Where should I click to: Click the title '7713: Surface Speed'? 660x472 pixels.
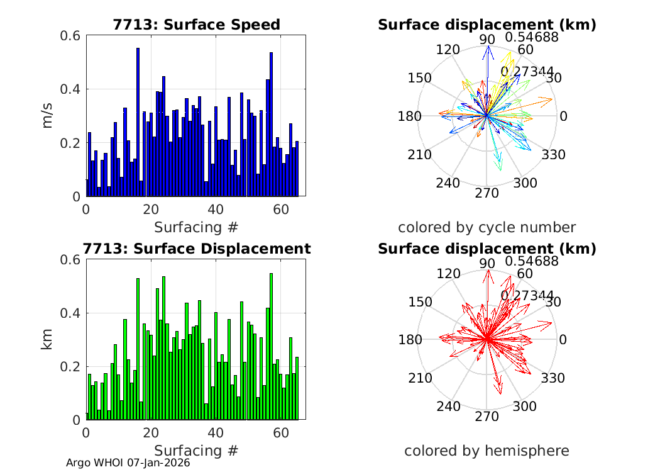(x=196, y=25)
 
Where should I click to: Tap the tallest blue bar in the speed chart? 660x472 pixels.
(x=138, y=120)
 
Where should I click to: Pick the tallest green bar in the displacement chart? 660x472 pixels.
(x=271, y=346)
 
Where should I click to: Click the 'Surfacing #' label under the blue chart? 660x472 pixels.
(x=196, y=227)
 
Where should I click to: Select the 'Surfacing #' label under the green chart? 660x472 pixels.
(x=196, y=451)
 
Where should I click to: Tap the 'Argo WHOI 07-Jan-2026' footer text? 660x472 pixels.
(x=128, y=463)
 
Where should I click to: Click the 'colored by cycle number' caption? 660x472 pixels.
(x=487, y=227)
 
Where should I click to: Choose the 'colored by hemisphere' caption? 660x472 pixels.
(x=487, y=451)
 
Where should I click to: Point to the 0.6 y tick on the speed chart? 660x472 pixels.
(x=70, y=35)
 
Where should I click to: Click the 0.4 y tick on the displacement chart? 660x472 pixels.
(x=70, y=313)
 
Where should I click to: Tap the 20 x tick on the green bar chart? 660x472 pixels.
(x=151, y=433)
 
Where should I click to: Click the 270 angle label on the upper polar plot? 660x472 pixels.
(x=487, y=193)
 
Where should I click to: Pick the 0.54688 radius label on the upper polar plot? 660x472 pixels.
(x=532, y=37)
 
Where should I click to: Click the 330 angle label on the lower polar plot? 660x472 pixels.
(x=553, y=378)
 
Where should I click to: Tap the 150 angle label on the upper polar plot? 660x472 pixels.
(x=419, y=78)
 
